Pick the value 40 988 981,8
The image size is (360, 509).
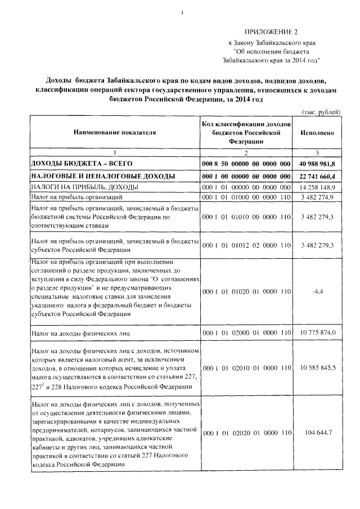pos(318,163)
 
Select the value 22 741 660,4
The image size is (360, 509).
pos(318,176)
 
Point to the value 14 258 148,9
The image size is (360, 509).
pos(318,187)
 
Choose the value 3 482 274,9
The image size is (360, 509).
pos(318,197)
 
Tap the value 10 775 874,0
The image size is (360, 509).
pos(318,334)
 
